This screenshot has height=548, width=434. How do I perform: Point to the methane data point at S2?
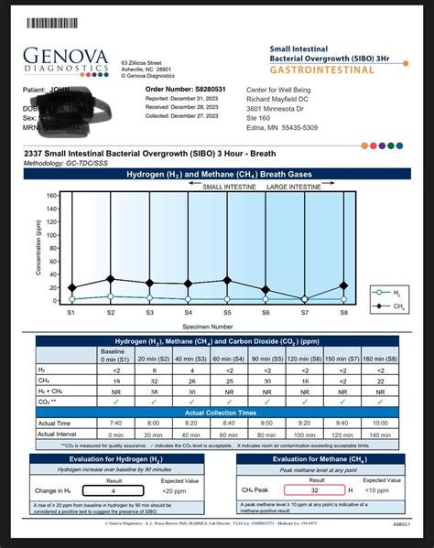pyautogui.click(x=110, y=279)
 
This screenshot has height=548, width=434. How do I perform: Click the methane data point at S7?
pyautogui.click(x=305, y=298)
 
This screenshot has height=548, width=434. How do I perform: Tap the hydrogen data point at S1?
pyautogui.click(x=71, y=299)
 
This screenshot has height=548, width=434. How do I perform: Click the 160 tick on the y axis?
pyautogui.click(x=52, y=195)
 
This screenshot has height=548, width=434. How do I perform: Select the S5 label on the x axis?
pyautogui.click(x=227, y=313)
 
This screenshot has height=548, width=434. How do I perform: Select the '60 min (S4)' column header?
pyautogui.click(x=226, y=358)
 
